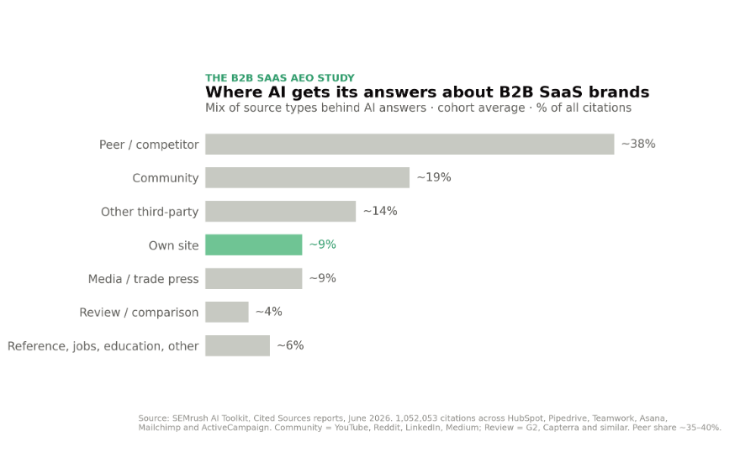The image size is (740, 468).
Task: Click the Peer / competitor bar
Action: pos(410,144)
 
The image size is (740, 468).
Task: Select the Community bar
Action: pos(307,177)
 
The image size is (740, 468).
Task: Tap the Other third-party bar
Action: pos(280,212)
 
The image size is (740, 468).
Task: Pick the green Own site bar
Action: pos(253,245)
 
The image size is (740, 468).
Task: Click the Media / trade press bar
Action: pos(253,278)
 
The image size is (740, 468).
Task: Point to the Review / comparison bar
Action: pos(226,312)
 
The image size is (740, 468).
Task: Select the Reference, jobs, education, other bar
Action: pos(237,346)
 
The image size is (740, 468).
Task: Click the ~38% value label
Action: pos(638,144)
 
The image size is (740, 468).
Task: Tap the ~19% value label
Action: pos(434,177)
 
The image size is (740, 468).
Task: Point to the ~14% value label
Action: pos(380,211)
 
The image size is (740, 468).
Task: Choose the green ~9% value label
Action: pos(323,245)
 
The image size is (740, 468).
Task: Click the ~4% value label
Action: pos(269,312)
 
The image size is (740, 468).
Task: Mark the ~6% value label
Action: pos(290,345)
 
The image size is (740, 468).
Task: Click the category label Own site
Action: pos(174,245)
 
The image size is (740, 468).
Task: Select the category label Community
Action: pos(166,178)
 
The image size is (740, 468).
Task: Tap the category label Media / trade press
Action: pos(144,279)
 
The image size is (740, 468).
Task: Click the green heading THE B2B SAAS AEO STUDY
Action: pos(280,78)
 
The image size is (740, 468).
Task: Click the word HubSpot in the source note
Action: pos(526,418)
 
